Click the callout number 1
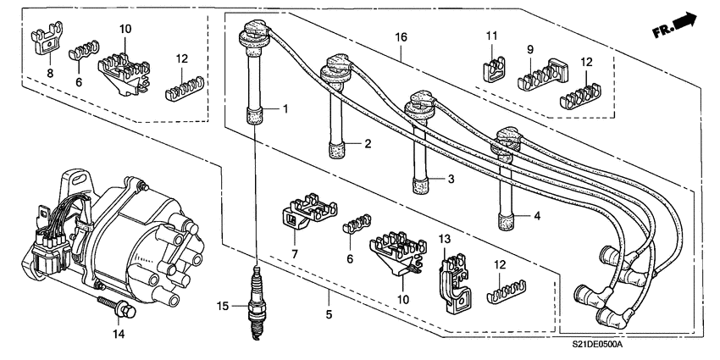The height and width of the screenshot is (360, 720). pos(286,108)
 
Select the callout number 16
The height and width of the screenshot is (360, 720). pos(402,36)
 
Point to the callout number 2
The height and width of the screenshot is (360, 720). pos(368,144)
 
